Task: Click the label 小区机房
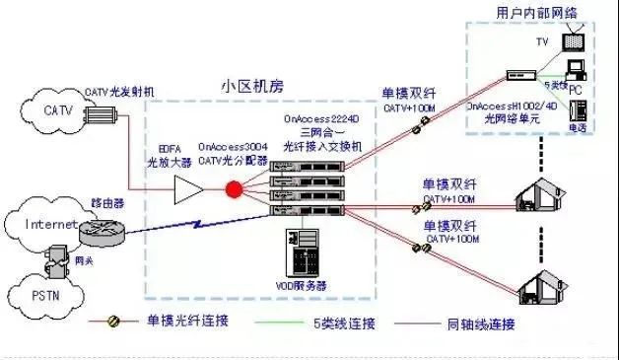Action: (x=252, y=86)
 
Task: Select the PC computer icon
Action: (x=579, y=70)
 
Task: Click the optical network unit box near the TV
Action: (x=519, y=75)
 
